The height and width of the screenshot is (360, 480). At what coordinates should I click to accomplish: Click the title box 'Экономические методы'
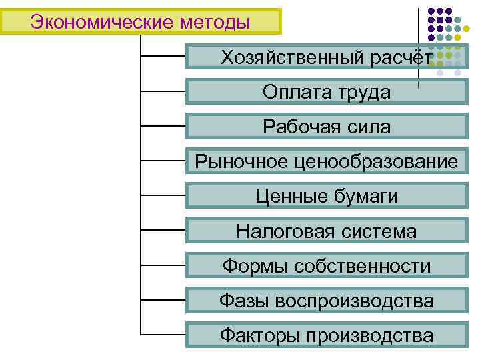pos(141,22)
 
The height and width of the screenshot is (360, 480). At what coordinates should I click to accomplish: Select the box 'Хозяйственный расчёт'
pos(327,57)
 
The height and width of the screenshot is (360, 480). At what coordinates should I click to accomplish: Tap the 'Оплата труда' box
pos(327,92)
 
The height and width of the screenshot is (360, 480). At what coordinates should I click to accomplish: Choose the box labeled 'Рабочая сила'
pos(327,127)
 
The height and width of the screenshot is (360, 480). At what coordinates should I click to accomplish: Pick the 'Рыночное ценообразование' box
pos(327,161)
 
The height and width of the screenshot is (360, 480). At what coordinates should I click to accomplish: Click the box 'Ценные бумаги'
pos(327,196)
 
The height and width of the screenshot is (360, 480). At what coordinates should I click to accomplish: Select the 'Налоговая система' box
pos(327,231)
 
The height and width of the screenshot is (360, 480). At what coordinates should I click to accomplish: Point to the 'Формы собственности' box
pos(327,266)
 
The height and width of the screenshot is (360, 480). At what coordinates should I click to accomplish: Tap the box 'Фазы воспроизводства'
pos(327,301)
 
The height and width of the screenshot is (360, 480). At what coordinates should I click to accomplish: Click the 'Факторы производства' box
pos(327,335)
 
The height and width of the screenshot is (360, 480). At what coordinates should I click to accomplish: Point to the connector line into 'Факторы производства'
pos(163,334)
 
